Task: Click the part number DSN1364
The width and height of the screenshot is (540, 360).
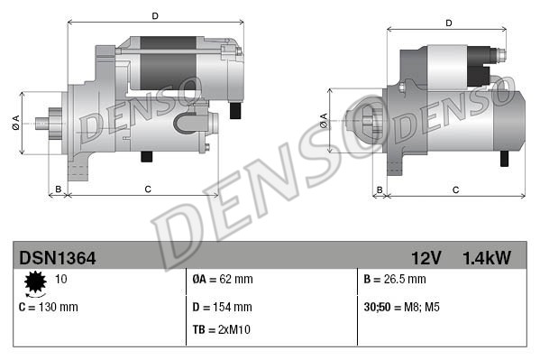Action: point(58,258)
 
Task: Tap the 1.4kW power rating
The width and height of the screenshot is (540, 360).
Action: point(487,258)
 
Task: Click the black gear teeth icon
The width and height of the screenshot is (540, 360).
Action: point(36,284)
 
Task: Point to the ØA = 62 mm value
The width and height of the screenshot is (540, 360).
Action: point(223,280)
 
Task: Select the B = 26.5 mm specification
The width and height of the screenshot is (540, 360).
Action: point(396,280)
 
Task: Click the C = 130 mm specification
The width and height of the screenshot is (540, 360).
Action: point(49,307)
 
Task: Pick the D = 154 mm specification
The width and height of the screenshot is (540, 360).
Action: point(222,307)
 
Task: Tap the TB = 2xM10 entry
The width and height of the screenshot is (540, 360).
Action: point(221,329)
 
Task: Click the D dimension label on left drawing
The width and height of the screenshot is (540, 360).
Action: point(155,16)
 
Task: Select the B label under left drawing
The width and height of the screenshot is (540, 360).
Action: point(58,189)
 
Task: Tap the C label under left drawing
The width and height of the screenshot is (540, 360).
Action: point(147,189)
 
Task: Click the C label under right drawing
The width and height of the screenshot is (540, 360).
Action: point(455,189)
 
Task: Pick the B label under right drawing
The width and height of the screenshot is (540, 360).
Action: point(380,189)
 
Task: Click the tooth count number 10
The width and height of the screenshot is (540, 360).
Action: point(60,280)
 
